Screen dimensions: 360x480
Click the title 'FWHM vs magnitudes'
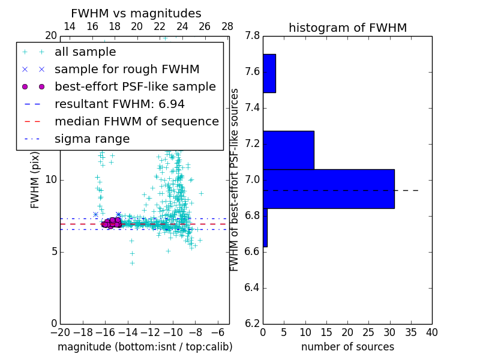click(x=136, y=14)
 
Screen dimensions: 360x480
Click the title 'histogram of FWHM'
click(x=347, y=28)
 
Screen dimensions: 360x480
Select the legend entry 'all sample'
click(x=85, y=52)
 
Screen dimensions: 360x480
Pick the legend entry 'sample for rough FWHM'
click(x=127, y=70)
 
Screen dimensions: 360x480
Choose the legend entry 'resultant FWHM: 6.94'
click(x=119, y=104)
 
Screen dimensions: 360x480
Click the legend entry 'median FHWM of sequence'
click(x=136, y=122)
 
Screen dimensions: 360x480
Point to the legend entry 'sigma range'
click(x=92, y=139)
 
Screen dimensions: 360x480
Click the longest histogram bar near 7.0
click(x=328, y=188)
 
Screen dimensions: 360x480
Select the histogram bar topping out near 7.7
click(x=269, y=73)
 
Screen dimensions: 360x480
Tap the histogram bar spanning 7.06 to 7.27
click(x=288, y=150)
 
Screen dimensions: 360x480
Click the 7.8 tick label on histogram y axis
click(x=252, y=36)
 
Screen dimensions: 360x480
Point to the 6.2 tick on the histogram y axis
click(x=252, y=323)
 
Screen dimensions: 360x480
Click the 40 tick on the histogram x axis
click(x=431, y=332)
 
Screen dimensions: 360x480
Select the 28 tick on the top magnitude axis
click(x=227, y=26)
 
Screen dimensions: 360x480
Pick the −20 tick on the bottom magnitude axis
click(x=60, y=332)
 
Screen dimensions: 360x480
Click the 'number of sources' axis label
click(x=347, y=347)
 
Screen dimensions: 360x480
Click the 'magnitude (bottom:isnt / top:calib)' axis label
click(x=145, y=347)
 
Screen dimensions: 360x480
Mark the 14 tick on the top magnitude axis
click(x=69, y=26)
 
